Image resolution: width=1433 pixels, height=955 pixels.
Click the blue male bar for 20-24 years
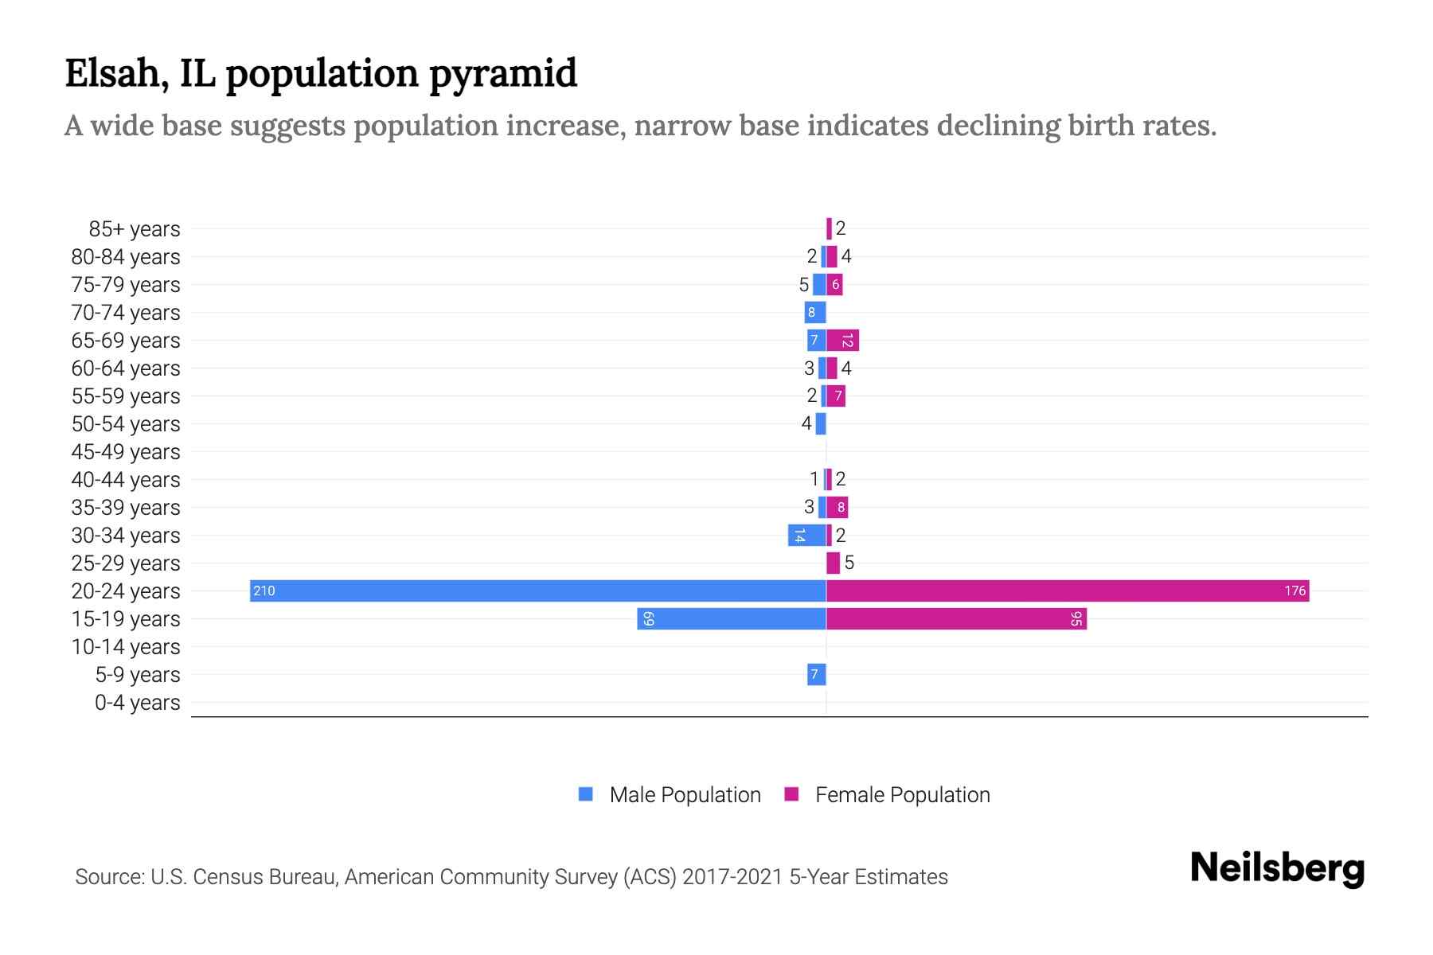click(537, 591)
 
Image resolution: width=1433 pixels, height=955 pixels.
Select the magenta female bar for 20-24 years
click(1067, 591)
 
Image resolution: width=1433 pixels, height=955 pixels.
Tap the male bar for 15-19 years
click(731, 618)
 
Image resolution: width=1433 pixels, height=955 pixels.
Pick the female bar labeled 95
click(955, 618)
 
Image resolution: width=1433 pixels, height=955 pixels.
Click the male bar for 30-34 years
click(806, 535)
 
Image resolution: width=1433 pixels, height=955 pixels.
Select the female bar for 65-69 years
click(842, 340)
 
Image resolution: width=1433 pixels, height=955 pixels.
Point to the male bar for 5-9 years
click(816, 674)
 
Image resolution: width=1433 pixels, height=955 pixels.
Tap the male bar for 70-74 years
click(814, 312)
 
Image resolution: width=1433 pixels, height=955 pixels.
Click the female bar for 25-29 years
click(833, 563)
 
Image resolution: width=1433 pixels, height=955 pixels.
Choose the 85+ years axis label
click(134, 229)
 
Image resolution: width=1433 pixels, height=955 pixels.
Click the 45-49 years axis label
click(126, 452)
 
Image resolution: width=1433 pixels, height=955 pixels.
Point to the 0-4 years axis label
click(137, 703)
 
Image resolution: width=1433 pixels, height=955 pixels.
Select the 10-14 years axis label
click(126, 647)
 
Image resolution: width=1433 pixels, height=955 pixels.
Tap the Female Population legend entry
click(902, 794)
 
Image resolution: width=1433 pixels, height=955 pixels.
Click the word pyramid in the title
click(502, 73)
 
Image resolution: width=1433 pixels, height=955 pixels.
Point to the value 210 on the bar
click(264, 591)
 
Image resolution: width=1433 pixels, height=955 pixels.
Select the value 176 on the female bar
click(1294, 591)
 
